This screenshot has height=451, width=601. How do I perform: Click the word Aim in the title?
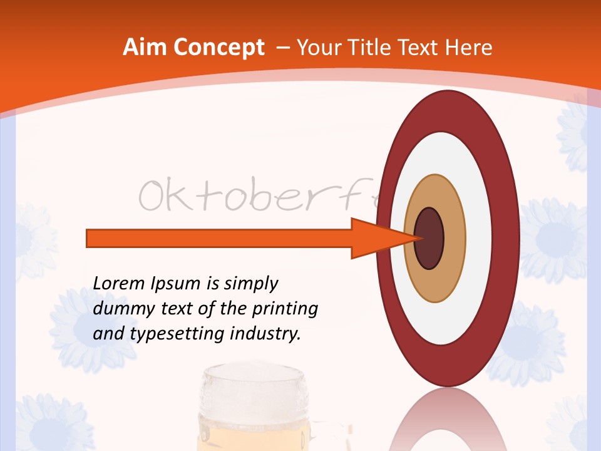[145, 48]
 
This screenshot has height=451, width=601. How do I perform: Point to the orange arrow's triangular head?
[376, 238]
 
